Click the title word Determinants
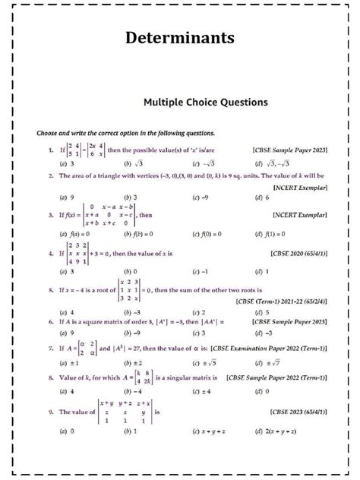point(180,37)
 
